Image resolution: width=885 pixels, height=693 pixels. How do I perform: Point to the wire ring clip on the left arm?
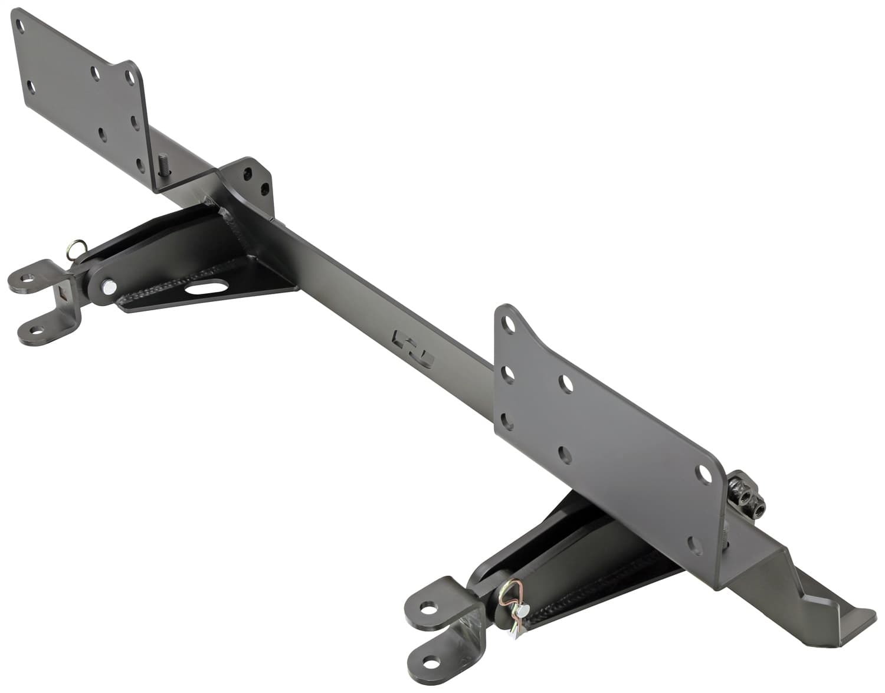point(75,248)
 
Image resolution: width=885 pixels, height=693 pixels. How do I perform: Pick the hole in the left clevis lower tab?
point(34,331)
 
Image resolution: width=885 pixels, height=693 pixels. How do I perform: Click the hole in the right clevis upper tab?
point(429,607)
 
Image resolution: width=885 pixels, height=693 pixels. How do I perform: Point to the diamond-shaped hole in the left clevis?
point(61,293)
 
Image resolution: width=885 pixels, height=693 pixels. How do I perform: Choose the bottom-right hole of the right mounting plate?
point(696,544)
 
